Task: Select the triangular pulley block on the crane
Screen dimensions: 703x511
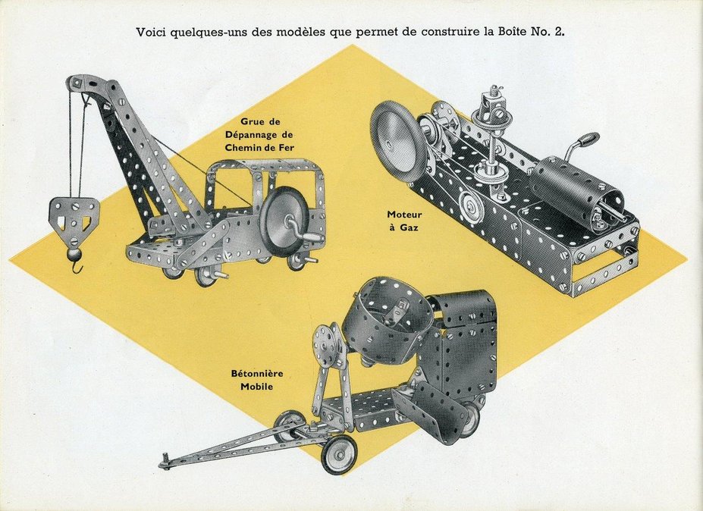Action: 74,215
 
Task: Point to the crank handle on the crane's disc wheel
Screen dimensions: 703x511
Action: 304,231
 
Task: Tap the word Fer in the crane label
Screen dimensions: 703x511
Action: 284,147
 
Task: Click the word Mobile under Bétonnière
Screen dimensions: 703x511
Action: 256,386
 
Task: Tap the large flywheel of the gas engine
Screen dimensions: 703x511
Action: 398,142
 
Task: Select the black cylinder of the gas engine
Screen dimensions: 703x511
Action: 576,193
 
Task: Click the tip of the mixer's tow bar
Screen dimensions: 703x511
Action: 163,462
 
